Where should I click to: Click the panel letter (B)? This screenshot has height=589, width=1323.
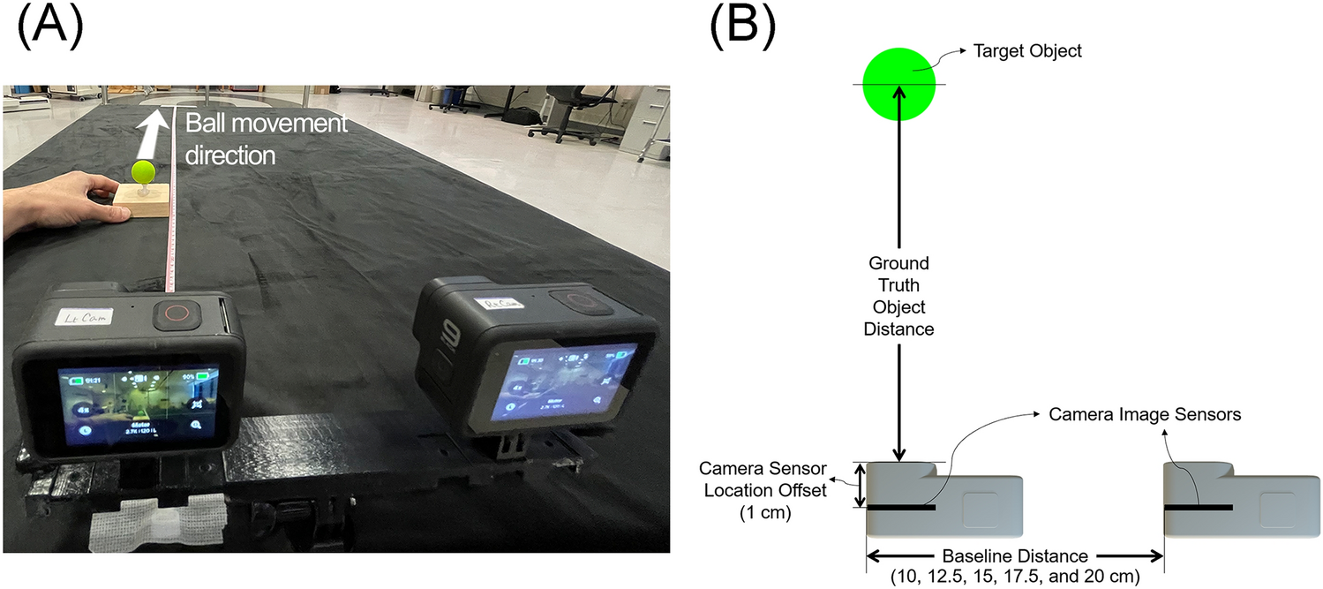[742, 28]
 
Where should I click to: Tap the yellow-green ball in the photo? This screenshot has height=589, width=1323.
[143, 170]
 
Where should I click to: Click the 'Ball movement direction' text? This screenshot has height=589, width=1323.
[265, 140]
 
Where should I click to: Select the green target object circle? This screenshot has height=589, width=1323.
[898, 84]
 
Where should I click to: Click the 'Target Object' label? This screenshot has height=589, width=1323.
[1026, 51]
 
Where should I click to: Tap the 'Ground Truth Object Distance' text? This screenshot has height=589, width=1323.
[898, 296]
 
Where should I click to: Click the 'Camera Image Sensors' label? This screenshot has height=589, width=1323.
[1144, 414]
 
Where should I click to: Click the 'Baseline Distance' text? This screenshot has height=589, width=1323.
[1015, 556]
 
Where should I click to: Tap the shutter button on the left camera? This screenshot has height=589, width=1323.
[173, 316]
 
